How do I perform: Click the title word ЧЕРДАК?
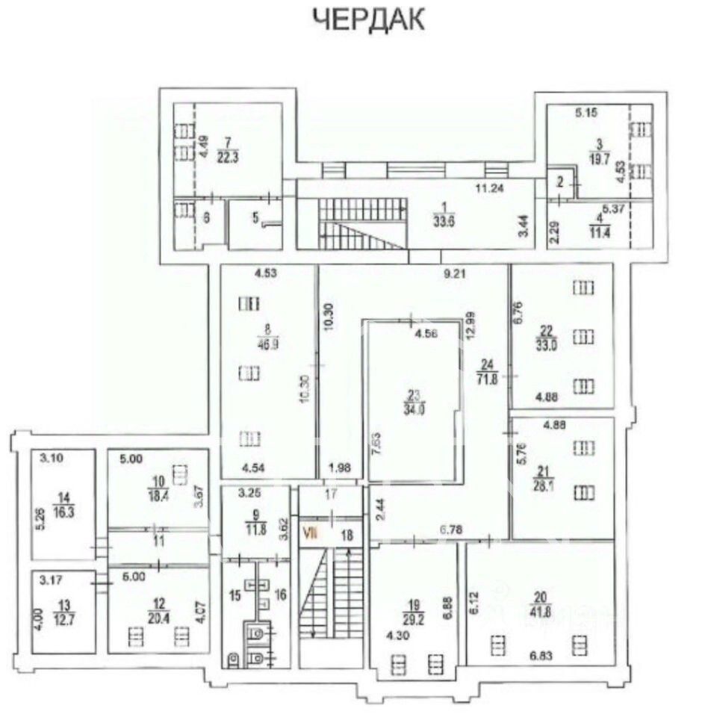pyautogui.click(x=368, y=20)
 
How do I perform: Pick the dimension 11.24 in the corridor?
pyautogui.click(x=491, y=190)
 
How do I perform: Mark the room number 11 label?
pyautogui.click(x=158, y=540)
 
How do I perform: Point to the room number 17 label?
pyautogui.click(x=331, y=494)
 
